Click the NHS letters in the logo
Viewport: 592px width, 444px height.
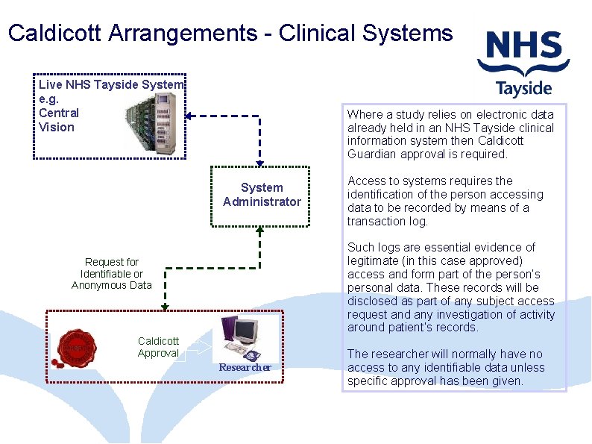pyautogui.click(x=524, y=50)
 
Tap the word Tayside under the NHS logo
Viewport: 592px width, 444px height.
pyautogui.click(x=524, y=89)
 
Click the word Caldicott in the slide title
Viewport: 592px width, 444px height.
pyautogui.click(x=54, y=33)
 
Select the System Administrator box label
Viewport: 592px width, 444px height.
pyautogui.click(x=262, y=195)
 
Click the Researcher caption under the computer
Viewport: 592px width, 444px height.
pyautogui.click(x=245, y=367)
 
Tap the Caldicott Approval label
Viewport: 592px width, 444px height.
pyautogui.click(x=158, y=347)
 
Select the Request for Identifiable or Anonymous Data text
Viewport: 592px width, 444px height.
pyautogui.click(x=112, y=273)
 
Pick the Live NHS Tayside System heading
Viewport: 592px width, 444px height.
pyautogui.click(x=110, y=84)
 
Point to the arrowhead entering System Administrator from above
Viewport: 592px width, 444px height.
pyautogui.click(x=259, y=163)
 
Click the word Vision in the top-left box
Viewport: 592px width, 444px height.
pyautogui.click(x=57, y=127)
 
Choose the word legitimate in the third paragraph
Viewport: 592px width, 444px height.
pyautogui.click(x=374, y=260)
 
